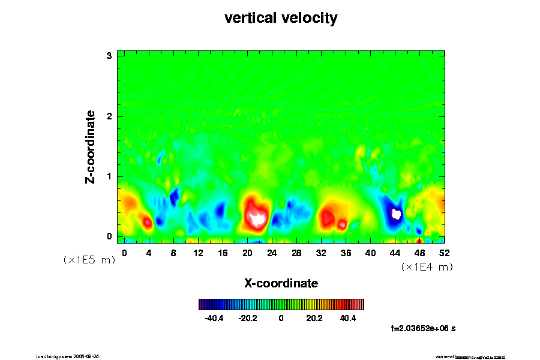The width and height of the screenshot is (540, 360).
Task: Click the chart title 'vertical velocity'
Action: pos(281,18)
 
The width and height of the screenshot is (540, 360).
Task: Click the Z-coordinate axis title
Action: pos(91,146)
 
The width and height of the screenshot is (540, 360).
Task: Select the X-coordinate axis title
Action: pos(281,283)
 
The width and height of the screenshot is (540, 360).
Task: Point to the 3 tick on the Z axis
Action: pos(110,56)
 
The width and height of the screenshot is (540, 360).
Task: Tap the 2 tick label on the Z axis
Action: pos(110,116)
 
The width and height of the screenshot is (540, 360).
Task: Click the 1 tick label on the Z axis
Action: pos(110,176)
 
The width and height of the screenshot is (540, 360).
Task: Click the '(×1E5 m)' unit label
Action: pos(89,260)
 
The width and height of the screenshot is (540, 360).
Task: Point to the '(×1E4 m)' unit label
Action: pos(427,267)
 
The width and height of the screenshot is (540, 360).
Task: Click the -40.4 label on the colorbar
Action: pos(214,318)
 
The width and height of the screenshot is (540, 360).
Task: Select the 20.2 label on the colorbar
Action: pos(314,318)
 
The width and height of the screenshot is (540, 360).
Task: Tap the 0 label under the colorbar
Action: pos(281,318)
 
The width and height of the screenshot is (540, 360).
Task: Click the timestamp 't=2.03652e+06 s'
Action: pos(424,328)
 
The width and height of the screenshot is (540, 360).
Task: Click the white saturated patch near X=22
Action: pos(258,219)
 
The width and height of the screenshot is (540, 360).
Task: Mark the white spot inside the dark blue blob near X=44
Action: pos(395,213)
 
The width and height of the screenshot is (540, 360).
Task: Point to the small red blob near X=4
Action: pos(147,222)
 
